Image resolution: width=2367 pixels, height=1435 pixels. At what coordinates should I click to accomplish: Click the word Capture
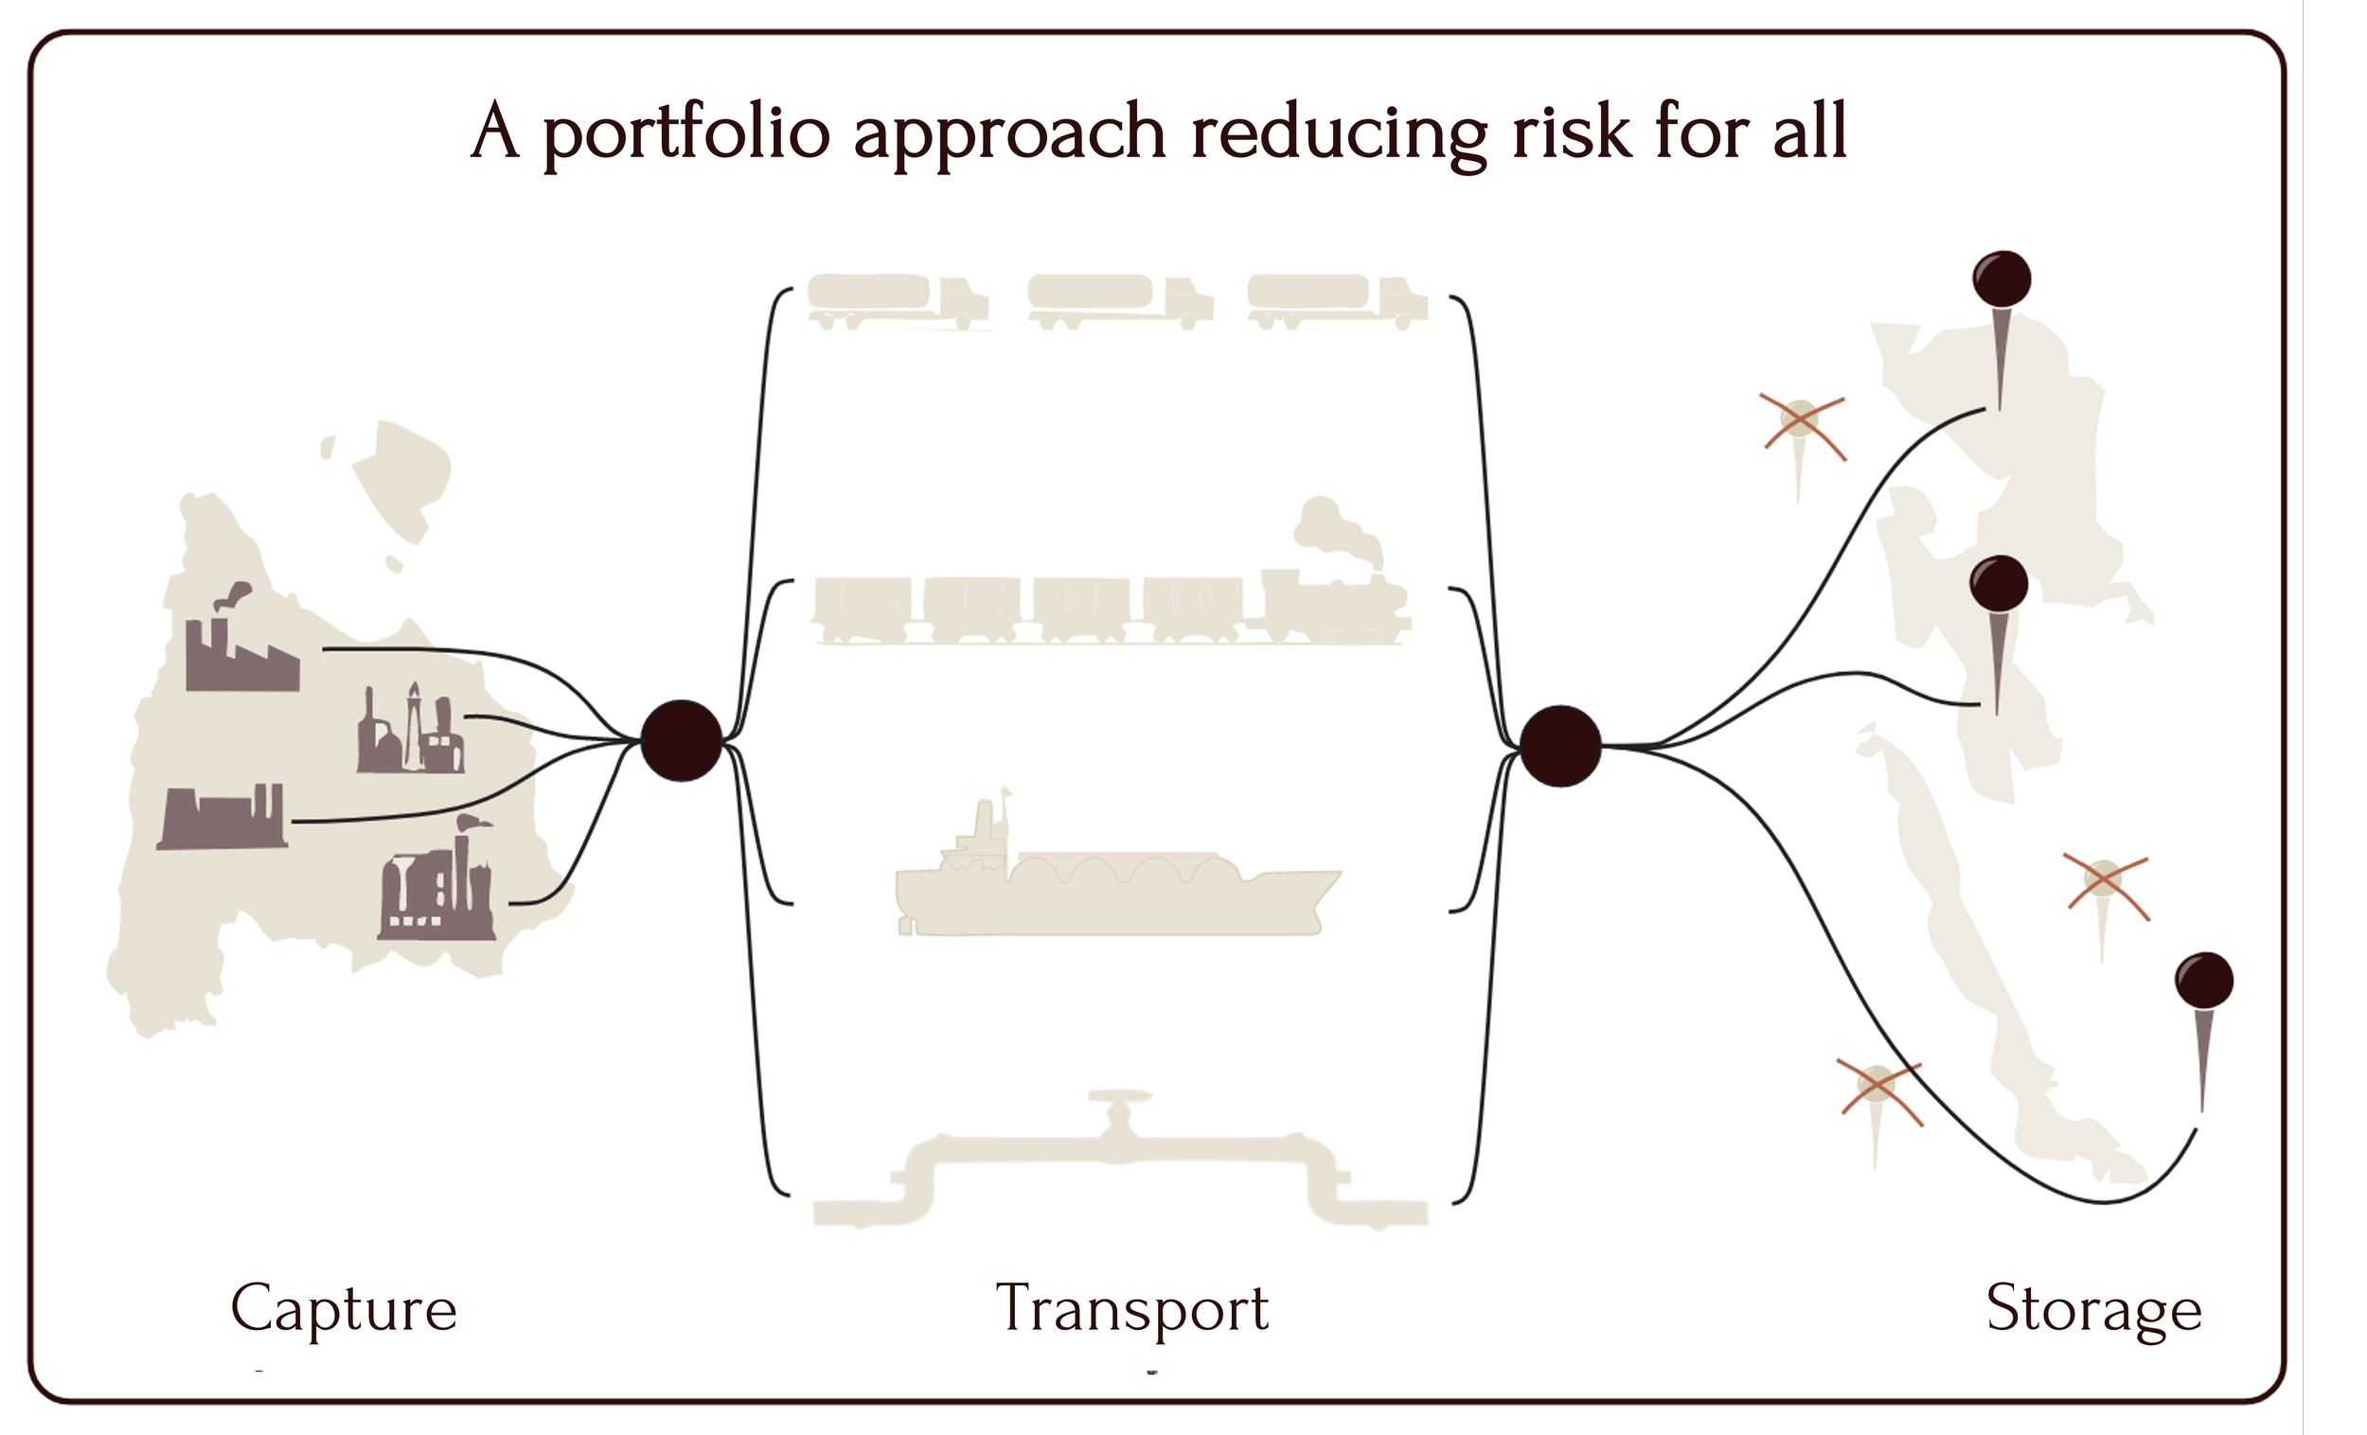click(343, 1309)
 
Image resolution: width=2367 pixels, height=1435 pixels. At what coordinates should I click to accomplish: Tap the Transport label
click(1131, 1309)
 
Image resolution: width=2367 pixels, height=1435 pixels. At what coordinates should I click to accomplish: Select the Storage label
click(2093, 1309)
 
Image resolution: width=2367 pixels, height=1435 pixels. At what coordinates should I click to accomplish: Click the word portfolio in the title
click(685, 133)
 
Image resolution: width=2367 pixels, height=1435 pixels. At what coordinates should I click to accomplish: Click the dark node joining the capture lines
click(681, 740)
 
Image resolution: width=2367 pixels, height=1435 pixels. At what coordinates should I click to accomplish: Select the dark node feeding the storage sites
click(1560, 746)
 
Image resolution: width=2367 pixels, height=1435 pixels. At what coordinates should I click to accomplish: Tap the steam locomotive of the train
click(1335, 605)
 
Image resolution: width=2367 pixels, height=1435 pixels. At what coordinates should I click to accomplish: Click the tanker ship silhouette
click(1114, 884)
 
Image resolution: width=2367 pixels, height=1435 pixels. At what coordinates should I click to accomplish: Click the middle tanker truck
click(1119, 300)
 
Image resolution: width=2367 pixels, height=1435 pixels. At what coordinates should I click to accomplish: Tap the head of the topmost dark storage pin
click(2002, 279)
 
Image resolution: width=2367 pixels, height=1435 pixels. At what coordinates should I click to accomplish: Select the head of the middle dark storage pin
click(1999, 583)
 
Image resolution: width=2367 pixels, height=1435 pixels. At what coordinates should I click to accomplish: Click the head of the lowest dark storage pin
click(2204, 981)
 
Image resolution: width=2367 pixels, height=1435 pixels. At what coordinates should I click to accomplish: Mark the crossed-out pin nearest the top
click(1800, 421)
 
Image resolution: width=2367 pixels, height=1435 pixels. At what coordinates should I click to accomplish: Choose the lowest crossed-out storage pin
click(1878, 1088)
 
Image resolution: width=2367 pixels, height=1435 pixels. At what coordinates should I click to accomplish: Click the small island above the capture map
click(401, 475)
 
